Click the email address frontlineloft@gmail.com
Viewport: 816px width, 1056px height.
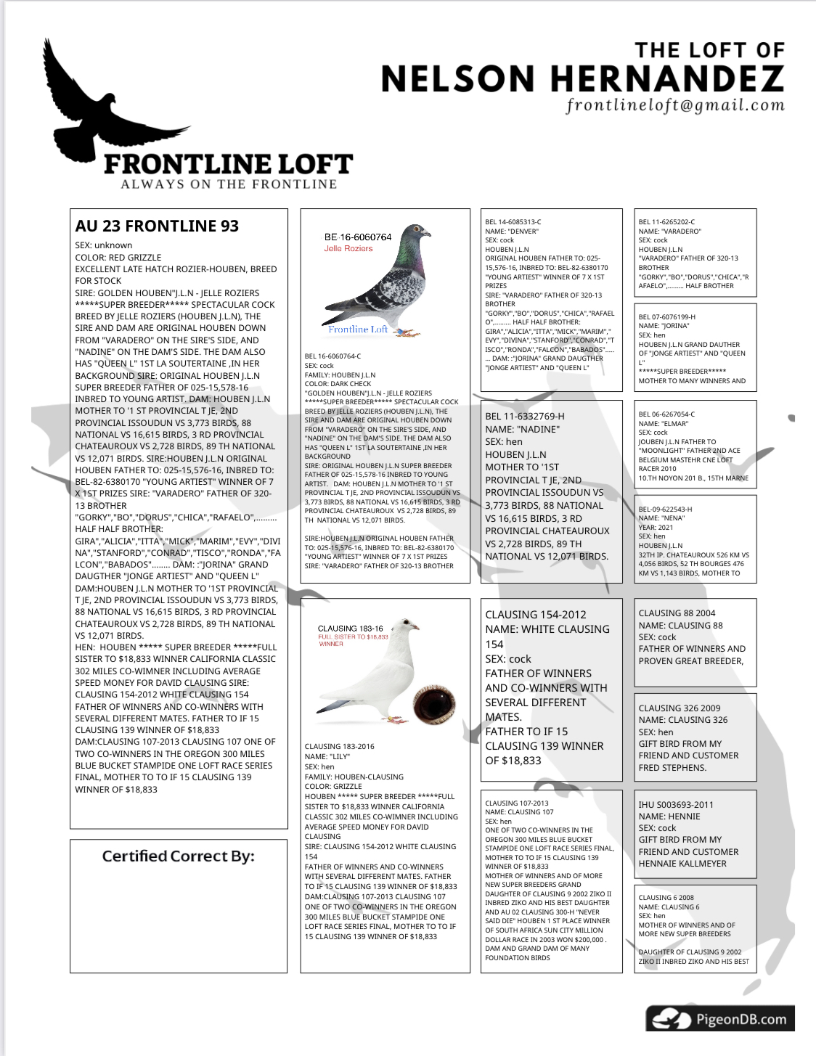point(675,105)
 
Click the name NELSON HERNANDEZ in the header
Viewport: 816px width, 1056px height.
point(582,78)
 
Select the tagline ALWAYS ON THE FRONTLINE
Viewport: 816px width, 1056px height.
point(229,184)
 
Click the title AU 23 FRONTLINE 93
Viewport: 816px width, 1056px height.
point(157,226)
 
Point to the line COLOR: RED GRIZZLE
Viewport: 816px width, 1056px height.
point(118,257)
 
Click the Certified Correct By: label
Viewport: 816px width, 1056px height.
point(178,856)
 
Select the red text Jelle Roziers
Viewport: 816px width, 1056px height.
point(348,248)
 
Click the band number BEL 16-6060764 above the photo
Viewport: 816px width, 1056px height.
point(358,237)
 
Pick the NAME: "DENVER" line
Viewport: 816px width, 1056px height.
point(512,232)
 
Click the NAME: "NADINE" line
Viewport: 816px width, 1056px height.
point(523,429)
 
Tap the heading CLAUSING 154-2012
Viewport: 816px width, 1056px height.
point(536,614)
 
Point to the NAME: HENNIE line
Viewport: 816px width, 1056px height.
point(669,816)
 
